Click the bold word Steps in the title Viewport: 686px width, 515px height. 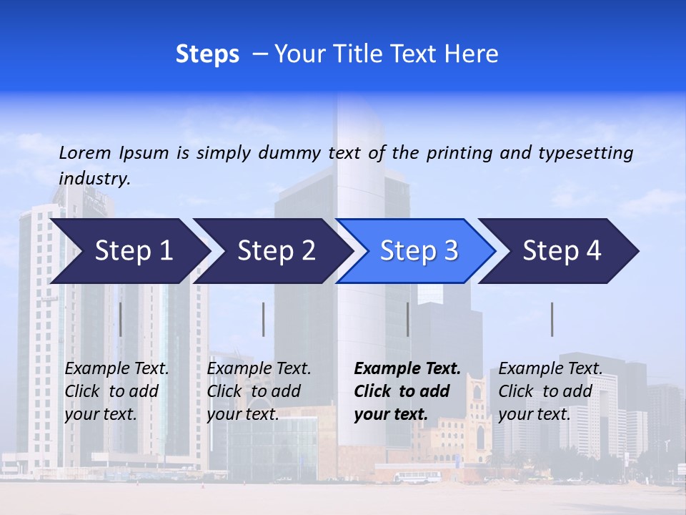(x=207, y=54)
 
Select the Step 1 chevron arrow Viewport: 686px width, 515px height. (x=129, y=251)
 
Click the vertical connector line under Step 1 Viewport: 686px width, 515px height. (x=120, y=319)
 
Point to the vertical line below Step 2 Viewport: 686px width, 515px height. (x=264, y=319)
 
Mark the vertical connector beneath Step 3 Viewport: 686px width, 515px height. (x=407, y=319)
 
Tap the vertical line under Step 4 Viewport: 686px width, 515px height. (x=552, y=319)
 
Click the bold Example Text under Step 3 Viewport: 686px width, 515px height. (x=407, y=391)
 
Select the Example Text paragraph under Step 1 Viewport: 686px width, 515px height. (x=116, y=391)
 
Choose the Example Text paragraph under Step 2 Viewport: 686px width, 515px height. (x=259, y=391)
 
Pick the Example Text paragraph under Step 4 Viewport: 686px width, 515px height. (x=550, y=391)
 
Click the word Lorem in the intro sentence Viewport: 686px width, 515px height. (x=85, y=152)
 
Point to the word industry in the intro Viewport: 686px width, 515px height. (x=94, y=179)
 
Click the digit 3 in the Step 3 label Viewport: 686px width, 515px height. (x=449, y=251)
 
